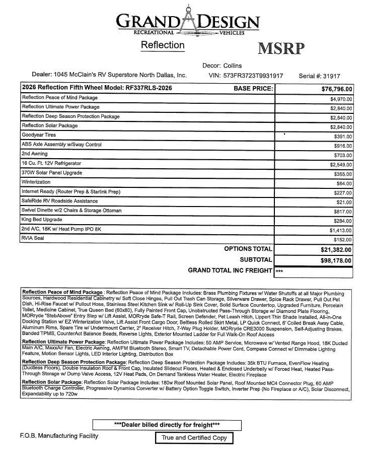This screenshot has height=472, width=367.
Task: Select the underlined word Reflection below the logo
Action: [x=163, y=45]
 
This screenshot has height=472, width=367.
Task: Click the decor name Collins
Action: [x=232, y=65]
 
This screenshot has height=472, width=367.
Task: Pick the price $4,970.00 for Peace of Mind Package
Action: [x=341, y=99]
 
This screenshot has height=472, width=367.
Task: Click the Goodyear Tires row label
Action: [x=39, y=135]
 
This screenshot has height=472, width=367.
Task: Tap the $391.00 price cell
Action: [x=343, y=137]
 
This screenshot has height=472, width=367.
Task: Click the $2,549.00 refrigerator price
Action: [x=341, y=165]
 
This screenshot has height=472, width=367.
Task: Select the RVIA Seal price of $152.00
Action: [x=343, y=240]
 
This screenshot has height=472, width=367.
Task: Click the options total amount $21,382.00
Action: [x=336, y=250]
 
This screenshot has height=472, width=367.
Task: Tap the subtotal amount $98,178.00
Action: [x=336, y=260]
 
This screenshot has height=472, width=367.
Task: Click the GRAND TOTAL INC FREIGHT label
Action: [x=230, y=271]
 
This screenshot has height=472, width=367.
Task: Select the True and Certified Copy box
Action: [x=194, y=438]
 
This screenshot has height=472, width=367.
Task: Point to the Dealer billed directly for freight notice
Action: [x=167, y=425]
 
